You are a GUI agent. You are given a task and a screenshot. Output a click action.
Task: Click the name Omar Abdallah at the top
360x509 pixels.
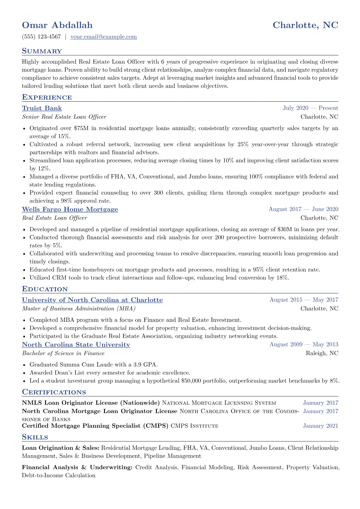(57, 25)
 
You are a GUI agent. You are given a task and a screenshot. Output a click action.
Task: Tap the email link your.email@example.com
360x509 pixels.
(103, 37)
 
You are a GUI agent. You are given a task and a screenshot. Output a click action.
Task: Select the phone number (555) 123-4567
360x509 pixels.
(41, 37)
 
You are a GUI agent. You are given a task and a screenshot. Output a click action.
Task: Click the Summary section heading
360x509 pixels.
(42, 51)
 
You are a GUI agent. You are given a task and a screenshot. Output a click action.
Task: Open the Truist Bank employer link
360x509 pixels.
(42, 108)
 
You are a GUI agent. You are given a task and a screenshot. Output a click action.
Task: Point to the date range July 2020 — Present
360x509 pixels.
(310, 108)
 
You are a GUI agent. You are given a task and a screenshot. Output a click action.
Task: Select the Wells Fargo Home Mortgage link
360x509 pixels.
(70, 209)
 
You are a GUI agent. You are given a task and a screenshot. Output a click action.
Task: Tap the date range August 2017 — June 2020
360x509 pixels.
(303, 209)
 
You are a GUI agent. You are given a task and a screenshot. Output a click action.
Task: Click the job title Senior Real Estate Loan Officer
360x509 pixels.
(64, 117)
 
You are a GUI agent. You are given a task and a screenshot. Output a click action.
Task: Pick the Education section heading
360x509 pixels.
(45, 289)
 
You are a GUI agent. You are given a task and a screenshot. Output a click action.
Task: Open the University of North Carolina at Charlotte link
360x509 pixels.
(92, 300)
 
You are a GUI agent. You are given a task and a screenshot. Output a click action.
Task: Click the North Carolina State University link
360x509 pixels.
(76, 345)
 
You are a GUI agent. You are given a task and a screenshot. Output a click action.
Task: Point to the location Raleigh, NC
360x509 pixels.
(322, 353)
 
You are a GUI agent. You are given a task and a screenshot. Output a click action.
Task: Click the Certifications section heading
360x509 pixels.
(54, 392)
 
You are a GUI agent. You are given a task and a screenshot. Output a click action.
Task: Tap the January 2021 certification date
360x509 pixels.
(320, 426)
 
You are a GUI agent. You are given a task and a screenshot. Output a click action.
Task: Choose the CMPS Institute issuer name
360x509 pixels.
(195, 426)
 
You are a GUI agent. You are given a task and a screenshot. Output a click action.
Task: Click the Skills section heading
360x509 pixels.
(35, 437)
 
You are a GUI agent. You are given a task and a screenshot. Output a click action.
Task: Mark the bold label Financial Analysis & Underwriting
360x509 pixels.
(77, 468)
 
